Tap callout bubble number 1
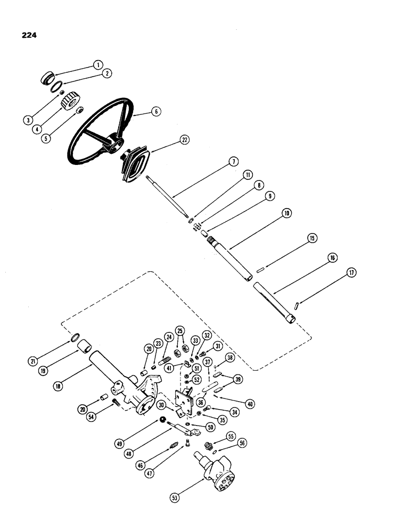pyautogui.click(x=97, y=64)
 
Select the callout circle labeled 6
pyautogui.click(x=155, y=112)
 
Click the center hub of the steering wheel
pyautogui.click(x=114, y=144)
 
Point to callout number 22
pyautogui.click(x=184, y=139)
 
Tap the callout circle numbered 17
pyautogui.click(x=352, y=273)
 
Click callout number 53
pyautogui.click(x=175, y=497)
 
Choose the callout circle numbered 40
pyautogui.click(x=250, y=404)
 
